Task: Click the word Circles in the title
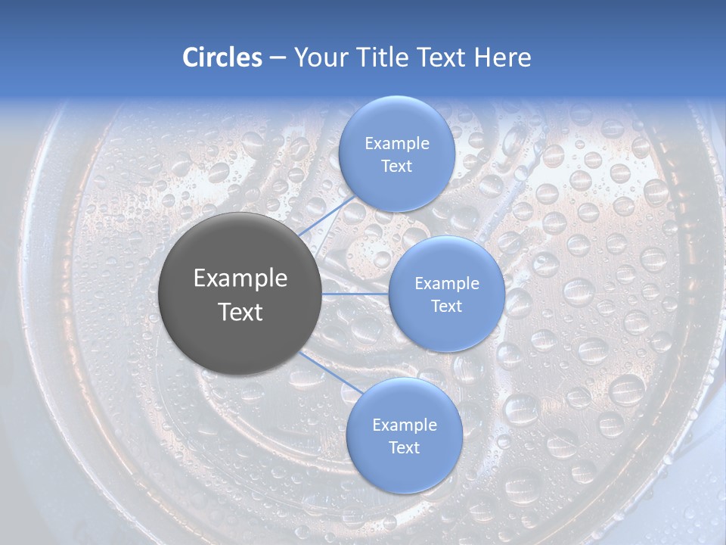[222, 58]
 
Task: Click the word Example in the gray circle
[240, 279]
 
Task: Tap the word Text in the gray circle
[240, 312]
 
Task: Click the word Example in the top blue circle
[397, 144]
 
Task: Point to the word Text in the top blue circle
[397, 167]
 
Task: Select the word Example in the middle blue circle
[447, 284]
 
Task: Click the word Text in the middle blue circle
[447, 307]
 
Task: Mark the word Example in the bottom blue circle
[405, 425]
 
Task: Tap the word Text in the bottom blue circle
[405, 448]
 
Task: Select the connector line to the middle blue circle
[355, 294]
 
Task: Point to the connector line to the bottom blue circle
[330, 373]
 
